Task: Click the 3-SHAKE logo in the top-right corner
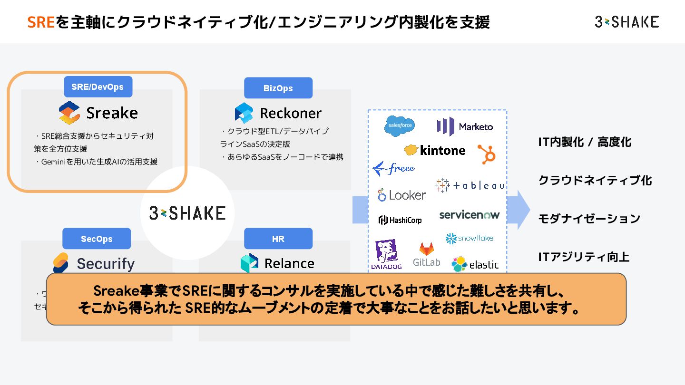click(626, 21)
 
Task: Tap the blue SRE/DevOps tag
click(98, 87)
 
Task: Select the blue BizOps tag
click(278, 88)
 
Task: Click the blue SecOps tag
click(97, 239)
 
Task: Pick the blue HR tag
click(278, 239)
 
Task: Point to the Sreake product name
click(112, 113)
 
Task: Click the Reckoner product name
click(291, 113)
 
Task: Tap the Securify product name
click(106, 263)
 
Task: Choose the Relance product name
click(289, 263)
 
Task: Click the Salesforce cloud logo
click(400, 125)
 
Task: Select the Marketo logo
click(465, 126)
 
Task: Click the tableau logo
click(470, 185)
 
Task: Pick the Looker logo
click(402, 195)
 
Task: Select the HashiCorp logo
click(400, 220)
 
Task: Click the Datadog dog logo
click(387, 254)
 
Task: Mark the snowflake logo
click(470, 238)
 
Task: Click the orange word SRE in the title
click(41, 22)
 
